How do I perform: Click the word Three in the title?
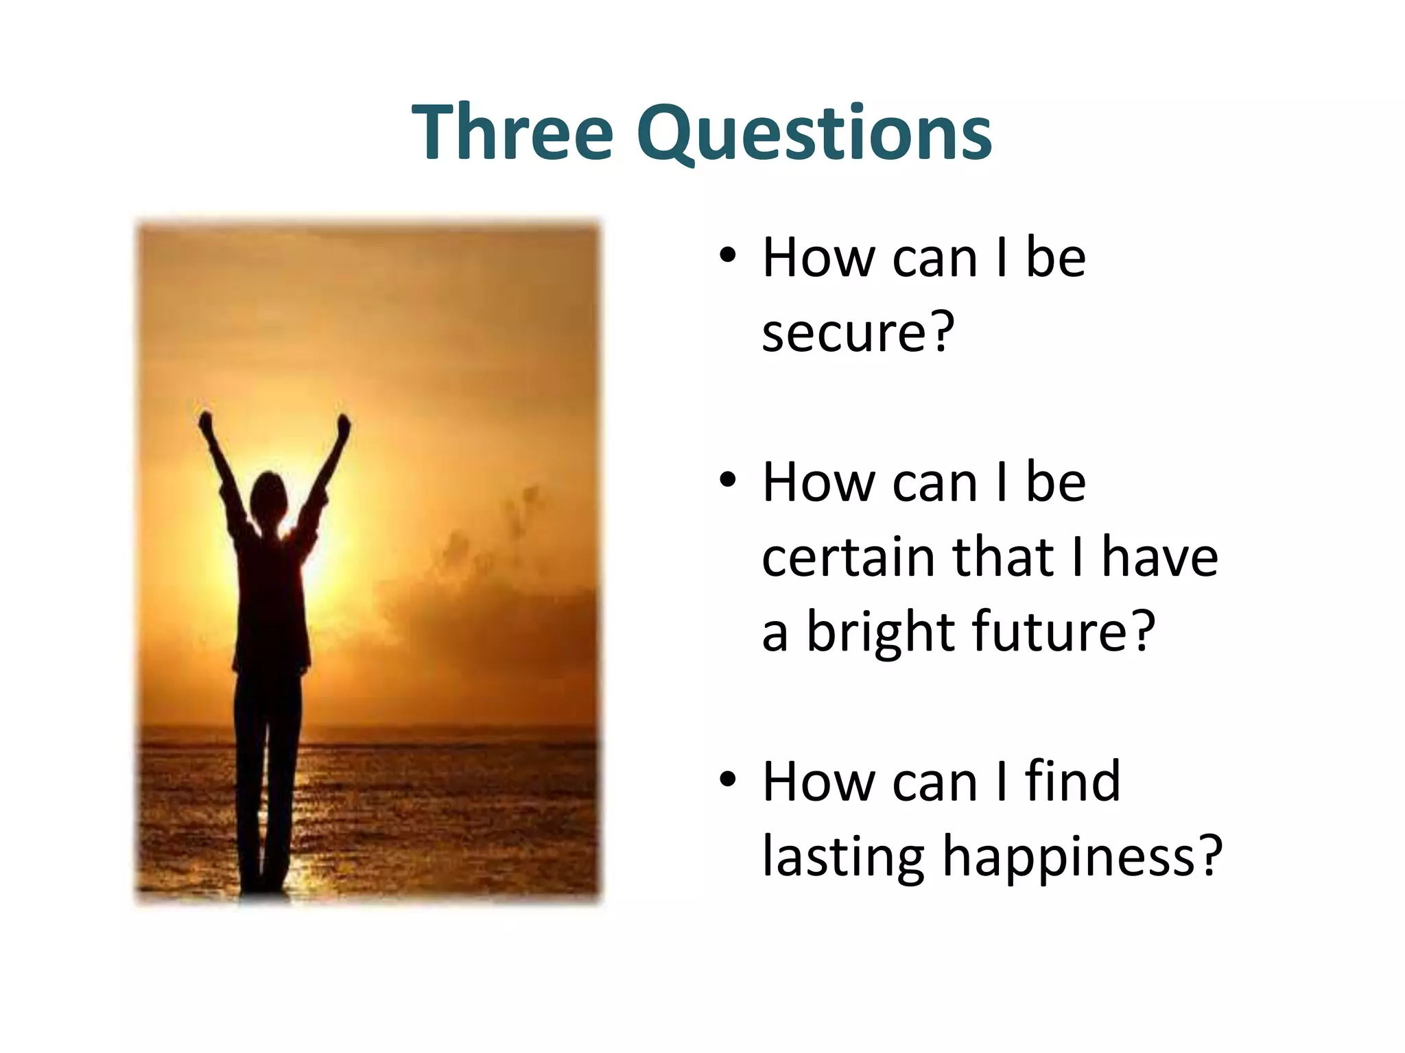point(512,132)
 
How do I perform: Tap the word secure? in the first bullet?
point(858,332)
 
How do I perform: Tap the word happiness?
point(1082,857)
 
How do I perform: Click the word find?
point(1072,781)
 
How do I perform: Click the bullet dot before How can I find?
point(728,780)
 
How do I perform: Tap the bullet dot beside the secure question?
point(728,257)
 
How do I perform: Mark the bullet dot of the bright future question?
point(728,482)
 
